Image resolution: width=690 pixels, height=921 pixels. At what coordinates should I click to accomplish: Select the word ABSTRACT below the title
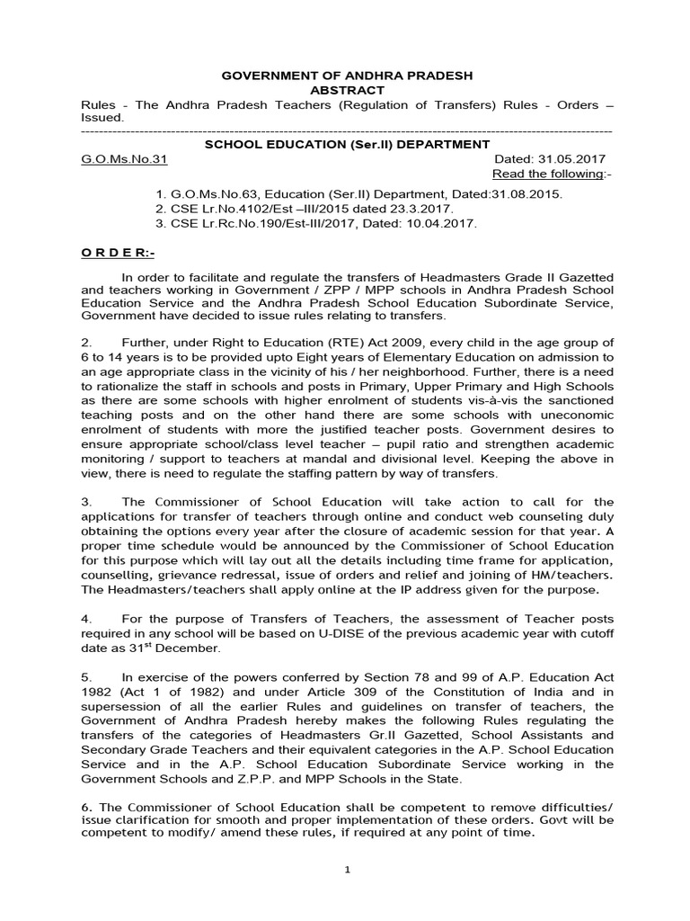coord(347,90)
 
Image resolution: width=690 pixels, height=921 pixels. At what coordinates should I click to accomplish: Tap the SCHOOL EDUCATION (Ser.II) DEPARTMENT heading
coord(347,144)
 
